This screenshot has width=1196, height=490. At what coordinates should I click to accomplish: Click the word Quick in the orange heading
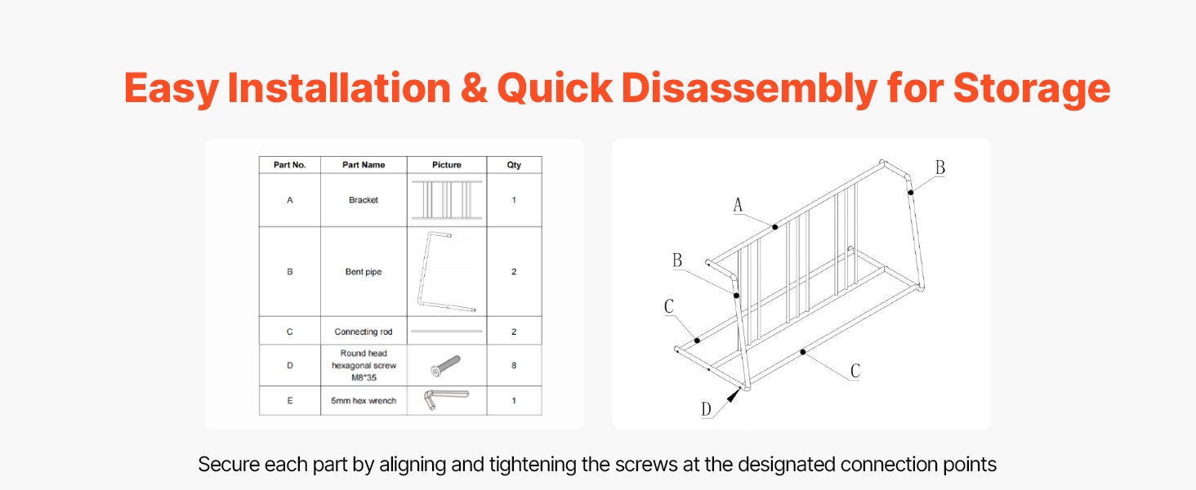[x=554, y=88]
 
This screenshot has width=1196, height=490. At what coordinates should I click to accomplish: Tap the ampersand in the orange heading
[x=474, y=87]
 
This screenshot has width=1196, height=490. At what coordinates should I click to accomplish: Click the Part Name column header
[x=364, y=165]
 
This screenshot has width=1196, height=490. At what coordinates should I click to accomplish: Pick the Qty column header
[x=514, y=165]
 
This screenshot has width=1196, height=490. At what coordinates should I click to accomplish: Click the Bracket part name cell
[x=364, y=199]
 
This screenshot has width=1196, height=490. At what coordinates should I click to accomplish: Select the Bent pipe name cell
[x=364, y=272]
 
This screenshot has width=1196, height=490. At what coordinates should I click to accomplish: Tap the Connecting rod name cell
[x=364, y=332]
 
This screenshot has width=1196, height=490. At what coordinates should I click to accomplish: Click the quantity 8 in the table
[x=514, y=366]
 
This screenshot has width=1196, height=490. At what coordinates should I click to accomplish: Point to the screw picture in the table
[x=446, y=366]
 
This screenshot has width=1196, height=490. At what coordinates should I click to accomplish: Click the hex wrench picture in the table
[x=446, y=399]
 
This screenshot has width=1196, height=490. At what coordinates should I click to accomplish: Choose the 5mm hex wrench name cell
[x=364, y=400]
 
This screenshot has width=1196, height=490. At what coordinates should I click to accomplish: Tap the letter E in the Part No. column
[x=290, y=400]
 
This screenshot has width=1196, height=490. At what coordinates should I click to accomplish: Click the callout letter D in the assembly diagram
[x=706, y=409]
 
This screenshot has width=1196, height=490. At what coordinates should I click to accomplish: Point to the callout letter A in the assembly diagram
[x=738, y=204]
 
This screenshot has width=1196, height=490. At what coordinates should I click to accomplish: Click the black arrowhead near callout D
[x=734, y=395]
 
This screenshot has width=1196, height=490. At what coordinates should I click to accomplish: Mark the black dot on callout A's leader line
[x=774, y=227]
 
